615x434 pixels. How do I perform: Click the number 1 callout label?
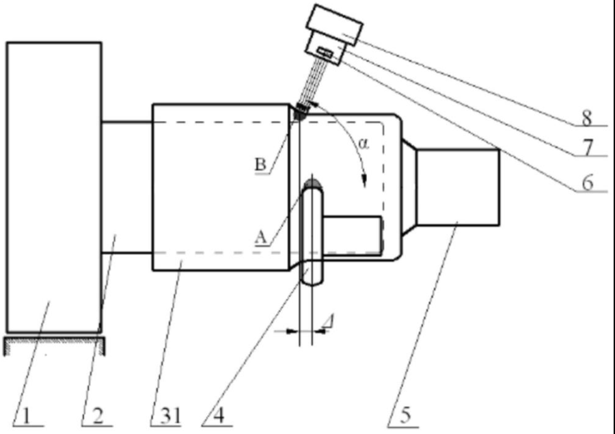[x=26, y=416]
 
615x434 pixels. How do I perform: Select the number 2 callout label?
[x=97, y=416]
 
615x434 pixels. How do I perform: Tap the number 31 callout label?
[x=170, y=416]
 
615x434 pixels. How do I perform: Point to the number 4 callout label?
[x=219, y=416]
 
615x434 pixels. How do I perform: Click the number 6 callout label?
[x=587, y=183]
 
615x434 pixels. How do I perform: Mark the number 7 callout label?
[x=587, y=148]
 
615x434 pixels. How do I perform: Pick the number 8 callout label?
[x=586, y=118]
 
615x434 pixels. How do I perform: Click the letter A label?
[x=261, y=237]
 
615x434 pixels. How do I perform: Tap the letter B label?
[x=260, y=165]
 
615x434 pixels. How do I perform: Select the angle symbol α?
[x=364, y=144]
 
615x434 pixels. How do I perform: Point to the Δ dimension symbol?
[x=328, y=321]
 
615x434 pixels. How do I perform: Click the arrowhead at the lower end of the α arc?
[x=365, y=181]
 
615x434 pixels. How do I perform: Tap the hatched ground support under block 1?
[x=55, y=345]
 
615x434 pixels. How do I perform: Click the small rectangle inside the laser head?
[x=325, y=52]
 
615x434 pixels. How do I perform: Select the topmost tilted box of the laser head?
[x=334, y=25]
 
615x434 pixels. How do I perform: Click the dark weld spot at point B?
[x=300, y=113]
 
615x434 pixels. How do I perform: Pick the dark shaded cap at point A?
[x=312, y=184]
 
